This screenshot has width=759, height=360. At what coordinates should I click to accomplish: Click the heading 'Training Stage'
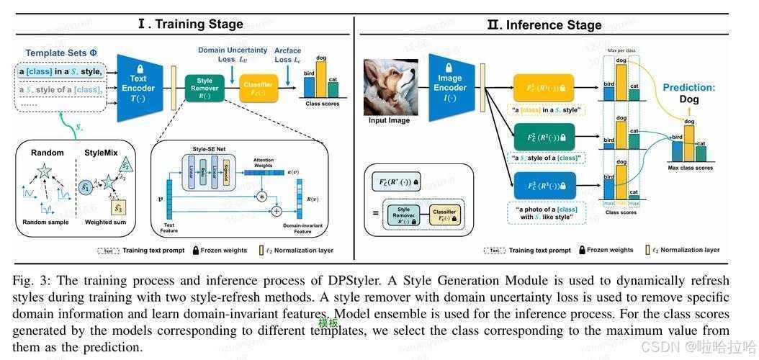[x=191, y=24]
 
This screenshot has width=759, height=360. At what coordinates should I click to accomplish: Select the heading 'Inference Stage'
[x=544, y=25]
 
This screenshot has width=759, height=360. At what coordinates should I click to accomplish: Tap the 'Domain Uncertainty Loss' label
[x=233, y=55]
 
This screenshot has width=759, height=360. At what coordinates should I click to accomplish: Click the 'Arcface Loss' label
[x=287, y=55]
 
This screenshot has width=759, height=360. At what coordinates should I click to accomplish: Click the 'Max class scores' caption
[x=690, y=168]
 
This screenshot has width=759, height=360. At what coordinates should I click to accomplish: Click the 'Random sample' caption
[x=46, y=222]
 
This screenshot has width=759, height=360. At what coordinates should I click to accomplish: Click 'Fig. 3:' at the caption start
[x=31, y=280]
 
